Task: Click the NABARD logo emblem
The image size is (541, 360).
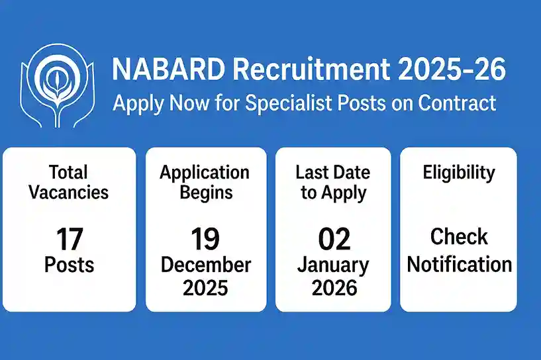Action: point(55,86)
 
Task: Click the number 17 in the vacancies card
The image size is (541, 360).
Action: point(70,238)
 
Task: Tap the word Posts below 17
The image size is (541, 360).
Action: point(70,265)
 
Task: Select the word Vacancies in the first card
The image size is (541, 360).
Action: point(70,193)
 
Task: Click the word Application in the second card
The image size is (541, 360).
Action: point(205,173)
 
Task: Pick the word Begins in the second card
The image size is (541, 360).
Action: point(205,193)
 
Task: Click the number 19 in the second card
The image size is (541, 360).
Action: point(205,238)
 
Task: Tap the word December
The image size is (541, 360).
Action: point(205,265)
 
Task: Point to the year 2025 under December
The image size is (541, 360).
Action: point(205,287)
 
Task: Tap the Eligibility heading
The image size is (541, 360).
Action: point(459,173)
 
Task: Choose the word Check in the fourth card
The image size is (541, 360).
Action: point(459,237)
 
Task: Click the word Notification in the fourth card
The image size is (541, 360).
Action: point(459,265)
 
